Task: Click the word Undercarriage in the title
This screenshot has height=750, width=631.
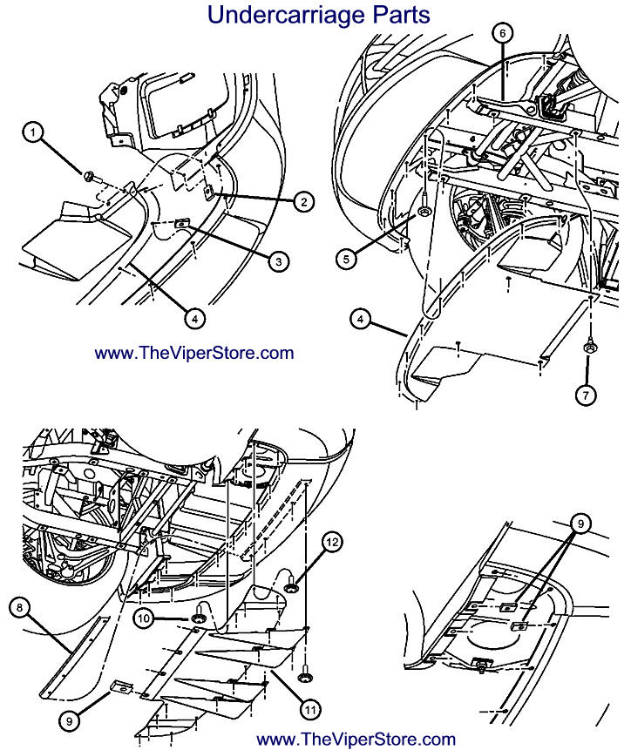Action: [269, 15]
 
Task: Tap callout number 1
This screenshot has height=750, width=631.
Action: [32, 132]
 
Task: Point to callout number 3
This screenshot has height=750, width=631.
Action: [278, 260]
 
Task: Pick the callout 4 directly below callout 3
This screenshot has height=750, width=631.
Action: [195, 319]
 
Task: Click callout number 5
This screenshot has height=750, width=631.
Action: [346, 258]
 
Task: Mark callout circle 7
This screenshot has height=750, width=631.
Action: [587, 395]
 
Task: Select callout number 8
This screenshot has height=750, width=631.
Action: [20, 604]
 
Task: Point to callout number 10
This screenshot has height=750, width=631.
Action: [146, 618]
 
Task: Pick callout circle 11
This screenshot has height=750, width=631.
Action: [309, 709]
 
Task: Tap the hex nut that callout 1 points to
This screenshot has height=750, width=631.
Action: [91, 178]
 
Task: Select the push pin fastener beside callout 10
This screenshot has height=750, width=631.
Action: [200, 616]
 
